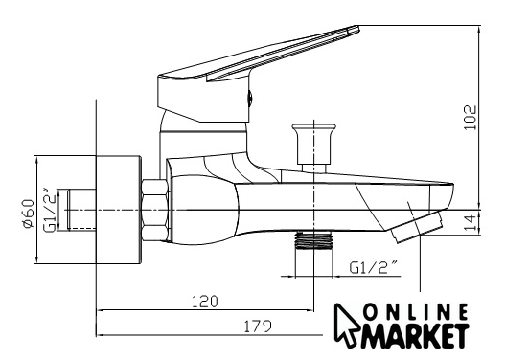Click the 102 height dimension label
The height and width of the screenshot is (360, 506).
471,118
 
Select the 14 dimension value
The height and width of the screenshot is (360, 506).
471,222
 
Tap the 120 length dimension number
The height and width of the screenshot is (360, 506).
205,302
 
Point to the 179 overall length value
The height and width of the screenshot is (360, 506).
258,326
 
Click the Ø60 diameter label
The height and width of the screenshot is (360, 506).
29,214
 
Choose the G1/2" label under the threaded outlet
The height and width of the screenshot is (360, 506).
374,268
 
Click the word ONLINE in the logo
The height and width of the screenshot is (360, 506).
416,312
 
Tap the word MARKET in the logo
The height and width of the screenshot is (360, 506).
416,335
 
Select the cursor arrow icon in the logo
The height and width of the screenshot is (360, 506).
345,324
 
